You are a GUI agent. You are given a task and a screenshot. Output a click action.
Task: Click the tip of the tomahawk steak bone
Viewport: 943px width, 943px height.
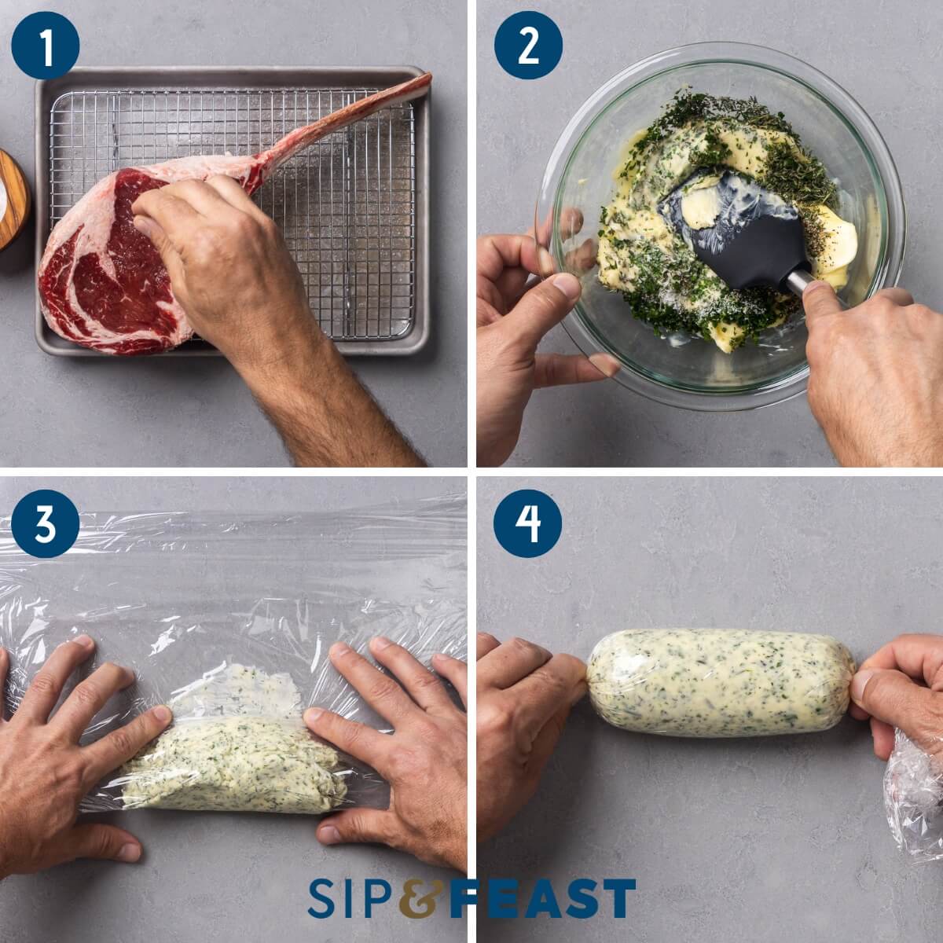pos(424,80)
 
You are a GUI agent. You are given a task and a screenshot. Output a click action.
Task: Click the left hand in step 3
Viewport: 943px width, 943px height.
pos(71,754)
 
